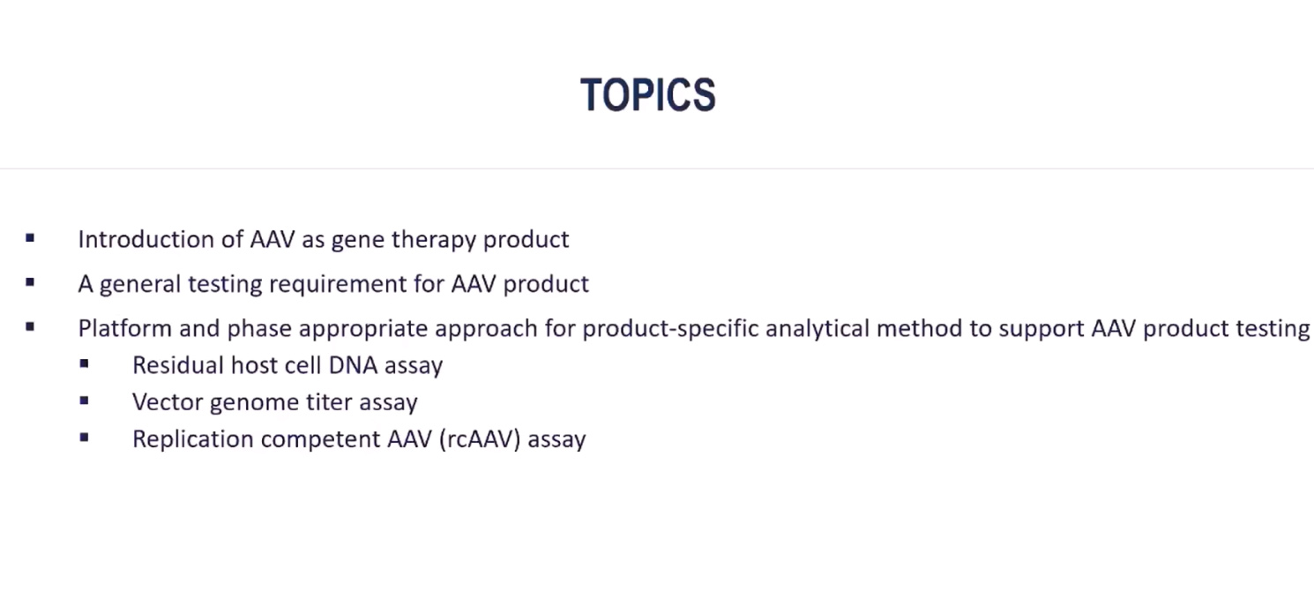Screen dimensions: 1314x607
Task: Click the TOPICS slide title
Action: click(648, 94)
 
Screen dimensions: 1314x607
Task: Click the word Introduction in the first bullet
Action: click(146, 239)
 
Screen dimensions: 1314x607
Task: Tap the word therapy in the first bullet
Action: click(434, 240)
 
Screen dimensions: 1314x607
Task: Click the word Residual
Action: click(178, 365)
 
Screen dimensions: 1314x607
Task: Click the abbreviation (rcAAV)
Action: click(480, 439)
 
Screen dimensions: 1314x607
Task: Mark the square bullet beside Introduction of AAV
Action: click(30, 237)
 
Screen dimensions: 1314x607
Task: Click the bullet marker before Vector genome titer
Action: click(84, 401)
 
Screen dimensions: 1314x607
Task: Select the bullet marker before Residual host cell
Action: click(84, 363)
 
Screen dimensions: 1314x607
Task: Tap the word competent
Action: click(321, 440)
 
